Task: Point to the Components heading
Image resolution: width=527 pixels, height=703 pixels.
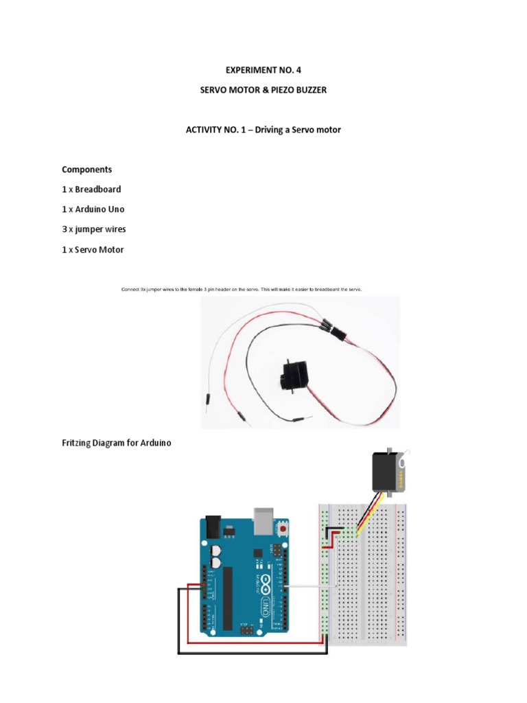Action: click(x=87, y=169)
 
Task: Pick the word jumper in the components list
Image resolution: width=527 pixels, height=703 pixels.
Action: click(x=88, y=229)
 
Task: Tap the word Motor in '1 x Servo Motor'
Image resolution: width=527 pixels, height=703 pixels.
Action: click(x=110, y=250)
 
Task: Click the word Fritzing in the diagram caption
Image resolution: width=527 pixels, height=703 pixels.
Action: click(x=78, y=443)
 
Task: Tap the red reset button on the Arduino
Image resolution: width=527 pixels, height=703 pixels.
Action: click(x=281, y=529)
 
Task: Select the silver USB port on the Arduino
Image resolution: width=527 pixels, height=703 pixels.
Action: click(x=262, y=521)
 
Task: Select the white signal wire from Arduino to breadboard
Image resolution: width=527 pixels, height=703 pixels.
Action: click(x=309, y=586)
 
